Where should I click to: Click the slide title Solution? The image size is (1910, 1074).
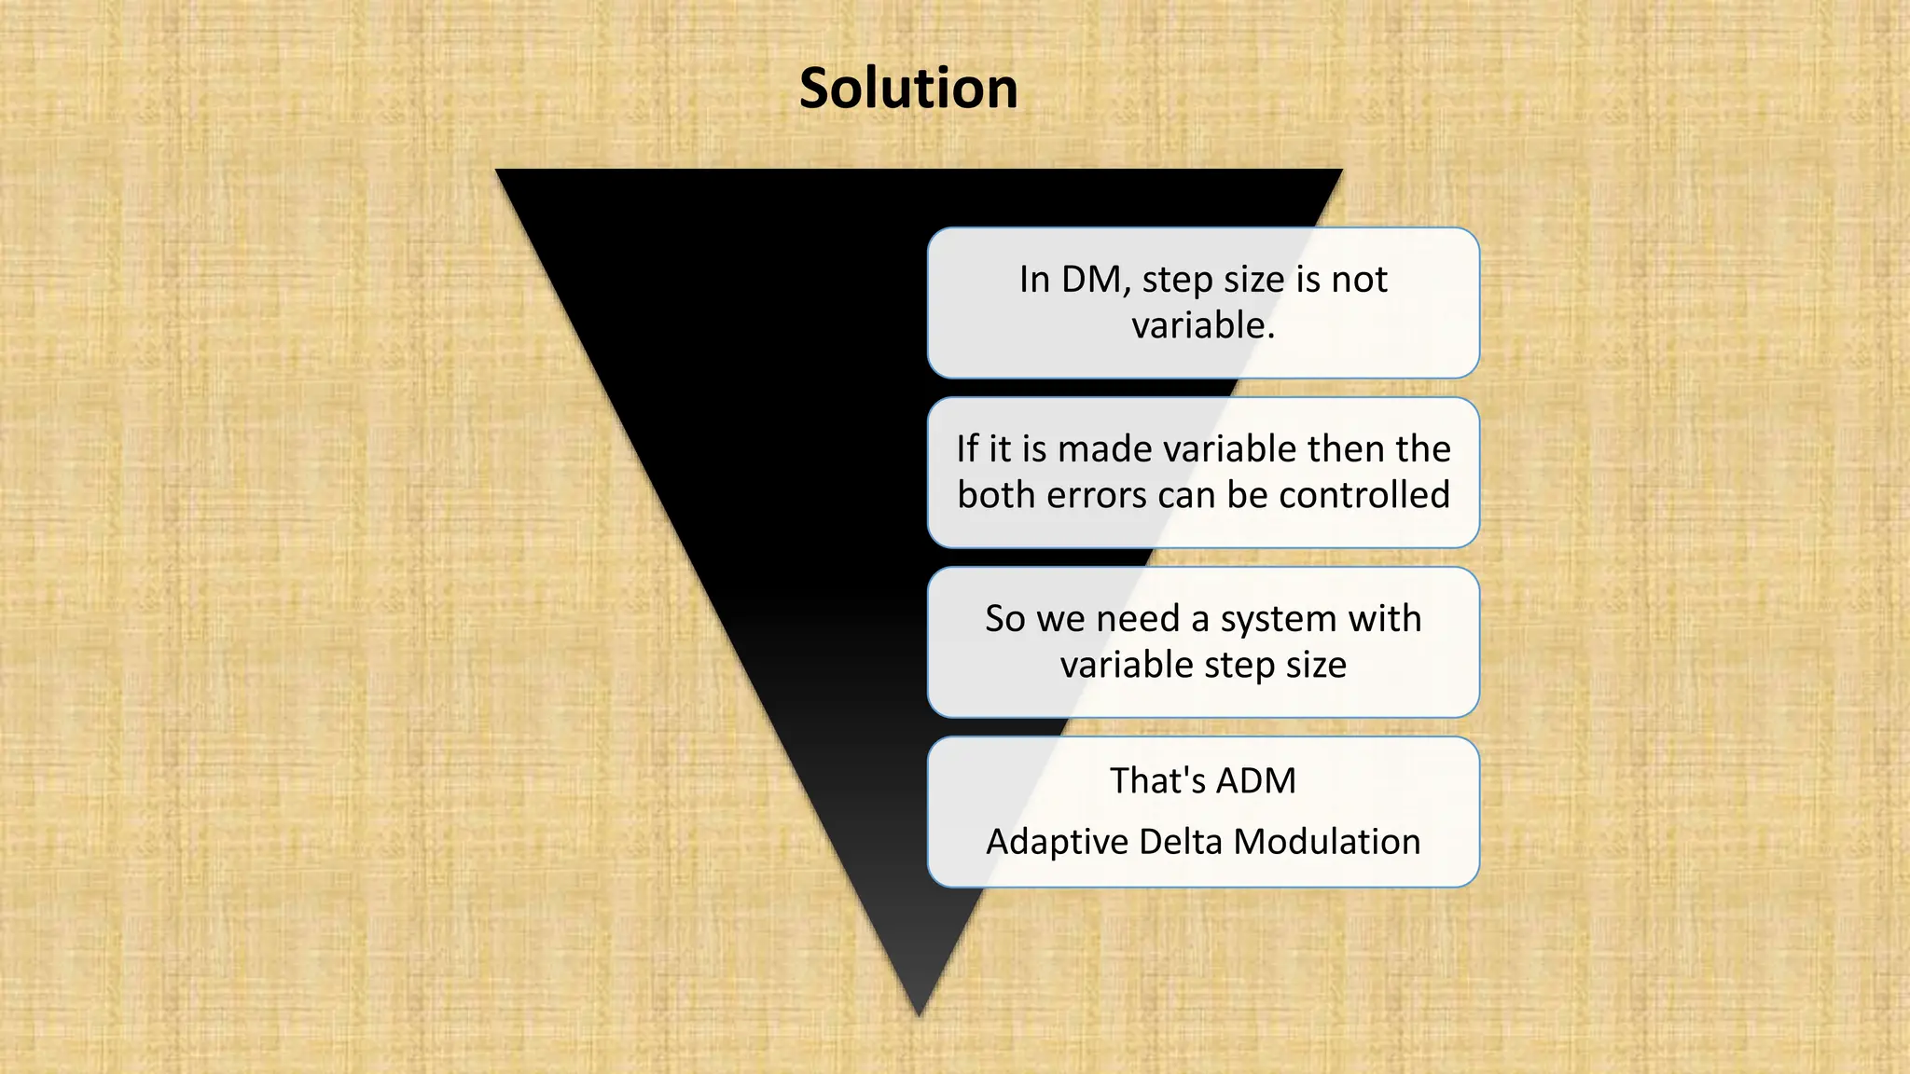click(908, 89)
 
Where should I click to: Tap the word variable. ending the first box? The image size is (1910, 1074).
click(1203, 326)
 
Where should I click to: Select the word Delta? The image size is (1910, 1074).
click(1180, 842)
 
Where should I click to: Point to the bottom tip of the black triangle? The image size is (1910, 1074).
click(919, 1013)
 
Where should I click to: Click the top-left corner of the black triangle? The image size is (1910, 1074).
click(498, 171)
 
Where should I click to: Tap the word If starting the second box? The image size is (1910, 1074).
click(967, 449)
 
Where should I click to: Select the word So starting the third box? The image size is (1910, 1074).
click(1005, 619)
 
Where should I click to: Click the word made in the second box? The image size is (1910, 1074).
click(1105, 449)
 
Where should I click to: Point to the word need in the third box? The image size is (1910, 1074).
click(1138, 619)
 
